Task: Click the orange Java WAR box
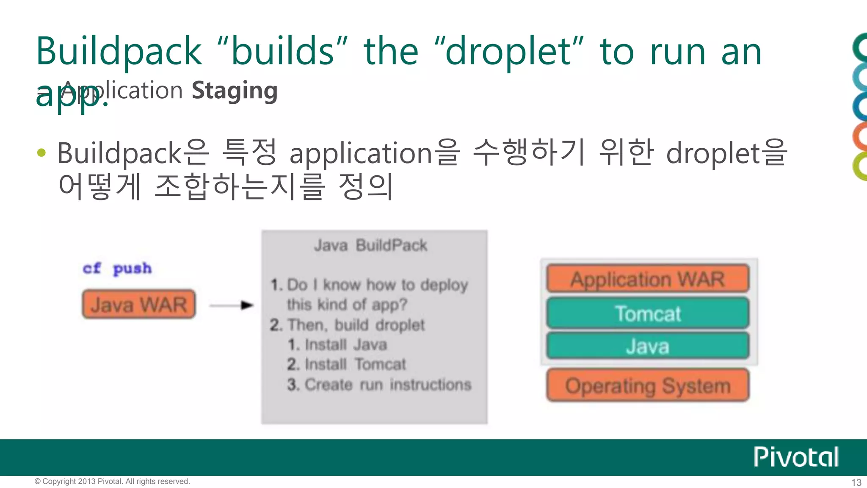point(139,304)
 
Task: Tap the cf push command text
point(117,269)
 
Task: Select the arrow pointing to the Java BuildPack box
point(232,305)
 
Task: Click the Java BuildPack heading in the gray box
point(370,245)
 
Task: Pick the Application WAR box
point(648,279)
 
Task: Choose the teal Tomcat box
point(648,313)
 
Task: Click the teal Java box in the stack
point(648,346)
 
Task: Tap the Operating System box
point(648,385)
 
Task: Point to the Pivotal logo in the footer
point(796,457)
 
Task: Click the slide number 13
point(856,482)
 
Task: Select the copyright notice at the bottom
point(112,482)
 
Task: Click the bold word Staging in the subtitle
point(235,91)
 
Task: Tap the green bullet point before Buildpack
point(41,152)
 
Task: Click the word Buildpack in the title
point(119,52)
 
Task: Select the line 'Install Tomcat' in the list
point(346,364)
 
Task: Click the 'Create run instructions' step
point(379,385)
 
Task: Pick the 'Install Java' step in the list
point(337,345)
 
